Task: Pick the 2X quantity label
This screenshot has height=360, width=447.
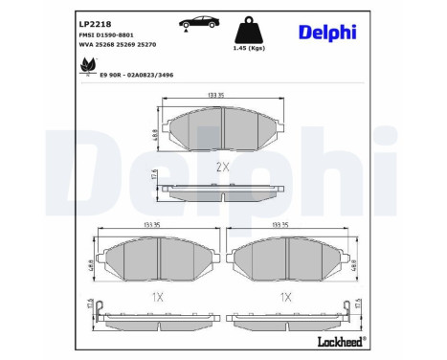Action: pyautogui.click(x=222, y=166)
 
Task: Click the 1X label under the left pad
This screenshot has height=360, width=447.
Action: pyautogui.click(x=156, y=298)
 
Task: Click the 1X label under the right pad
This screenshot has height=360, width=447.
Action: pyautogui.click(x=285, y=298)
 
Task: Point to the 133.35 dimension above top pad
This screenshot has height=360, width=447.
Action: pyautogui.click(x=222, y=96)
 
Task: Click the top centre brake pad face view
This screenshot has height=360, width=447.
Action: pyautogui.click(x=222, y=127)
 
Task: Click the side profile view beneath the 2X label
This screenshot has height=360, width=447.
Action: pyautogui.click(x=222, y=190)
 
